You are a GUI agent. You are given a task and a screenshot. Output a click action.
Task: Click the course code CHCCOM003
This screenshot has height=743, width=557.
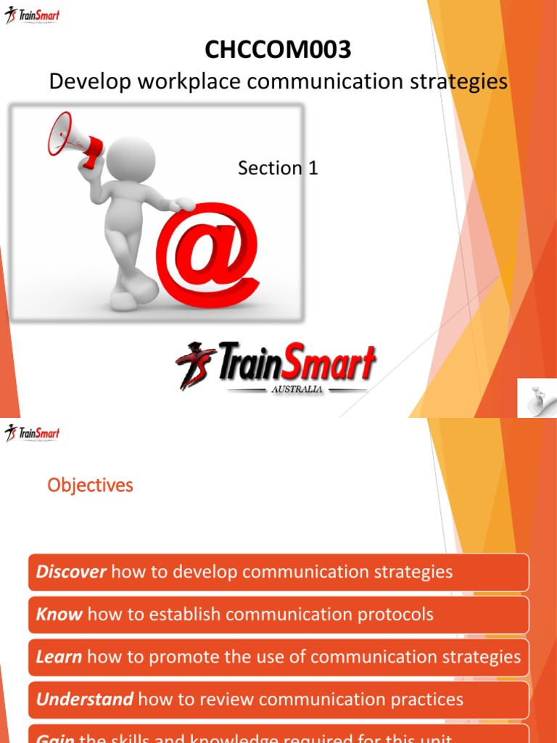coord(278,49)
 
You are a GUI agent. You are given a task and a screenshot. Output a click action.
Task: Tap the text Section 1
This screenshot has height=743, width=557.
coord(278,168)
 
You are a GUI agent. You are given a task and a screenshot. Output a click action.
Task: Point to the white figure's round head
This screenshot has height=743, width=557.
coord(132,158)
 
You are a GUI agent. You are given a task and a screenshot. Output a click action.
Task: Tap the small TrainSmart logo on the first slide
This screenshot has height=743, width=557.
coord(33,15)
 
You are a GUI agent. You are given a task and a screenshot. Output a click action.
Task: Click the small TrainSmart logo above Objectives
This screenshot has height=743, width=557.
coord(33,434)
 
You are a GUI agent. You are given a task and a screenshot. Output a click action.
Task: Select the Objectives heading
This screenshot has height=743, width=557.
coord(91,485)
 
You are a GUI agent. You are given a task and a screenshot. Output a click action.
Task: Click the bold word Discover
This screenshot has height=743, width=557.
coord(71,572)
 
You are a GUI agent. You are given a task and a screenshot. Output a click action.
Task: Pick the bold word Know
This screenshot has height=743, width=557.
coord(59,615)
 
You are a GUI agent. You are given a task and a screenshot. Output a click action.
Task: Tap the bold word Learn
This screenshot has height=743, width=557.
coord(59,657)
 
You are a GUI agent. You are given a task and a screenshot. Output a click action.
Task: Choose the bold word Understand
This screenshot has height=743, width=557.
coord(85,700)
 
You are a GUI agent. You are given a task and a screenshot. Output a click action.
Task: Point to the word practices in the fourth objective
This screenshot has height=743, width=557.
coord(422,700)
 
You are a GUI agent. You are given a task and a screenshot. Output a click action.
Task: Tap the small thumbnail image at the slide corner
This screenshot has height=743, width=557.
coord(537,398)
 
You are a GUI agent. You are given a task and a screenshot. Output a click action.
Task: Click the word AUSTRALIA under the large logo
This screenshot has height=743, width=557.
coord(296,389)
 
